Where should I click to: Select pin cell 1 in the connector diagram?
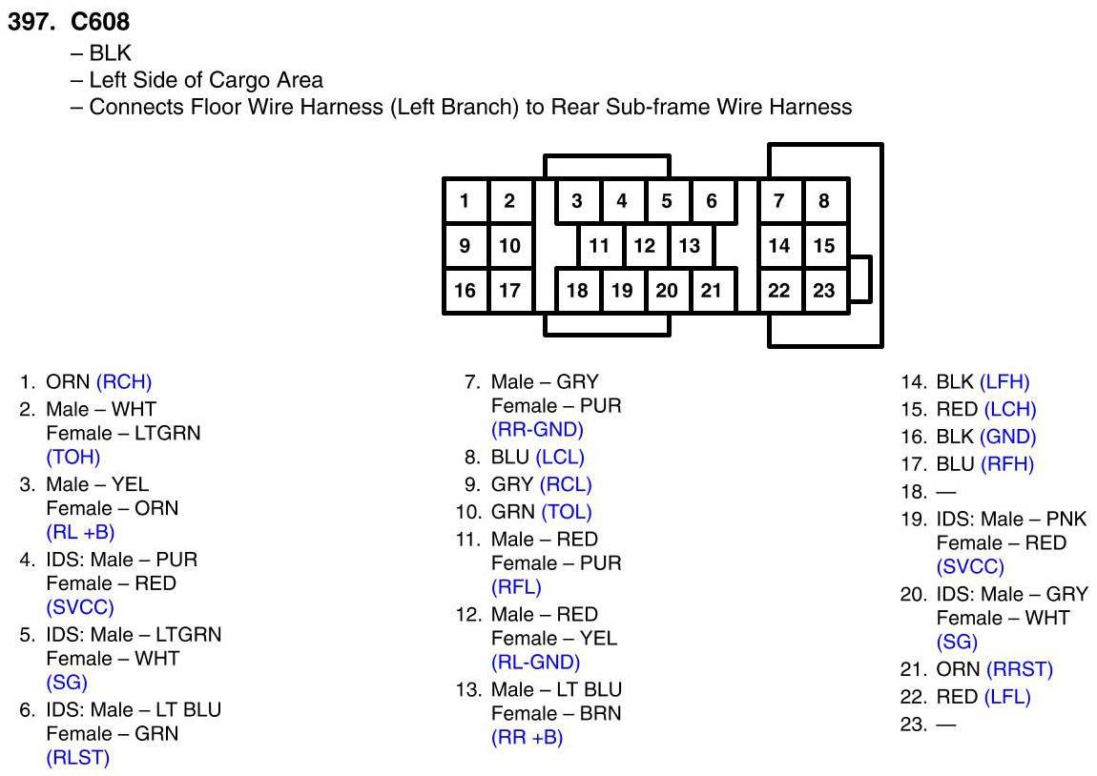pyautogui.click(x=465, y=201)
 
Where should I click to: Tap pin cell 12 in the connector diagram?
pyautogui.click(x=645, y=246)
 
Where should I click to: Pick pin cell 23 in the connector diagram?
pyautogui.click(x=824, y=291)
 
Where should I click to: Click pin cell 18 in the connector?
pyautogui.click(x=577, y=291)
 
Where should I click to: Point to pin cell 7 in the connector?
pyautogui.click(x=779, y=201)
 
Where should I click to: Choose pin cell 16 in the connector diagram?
pyautogui.click(x=465, y=291)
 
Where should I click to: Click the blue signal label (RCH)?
pyautogui.click(x=124, y=383)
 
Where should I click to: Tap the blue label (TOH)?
pyautogui.click(x=73, y=458)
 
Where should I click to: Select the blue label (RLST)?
pyautogui.click(x=78, y=759)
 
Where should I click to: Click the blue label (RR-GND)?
pyautogui.click(x=537, y=430)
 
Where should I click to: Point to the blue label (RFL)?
pyautogui.click(x=516, y=587)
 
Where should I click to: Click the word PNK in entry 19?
pyautogui.click(x=1066, y=520)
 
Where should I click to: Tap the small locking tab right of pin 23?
pyautogui.click(x=860, y=278)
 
